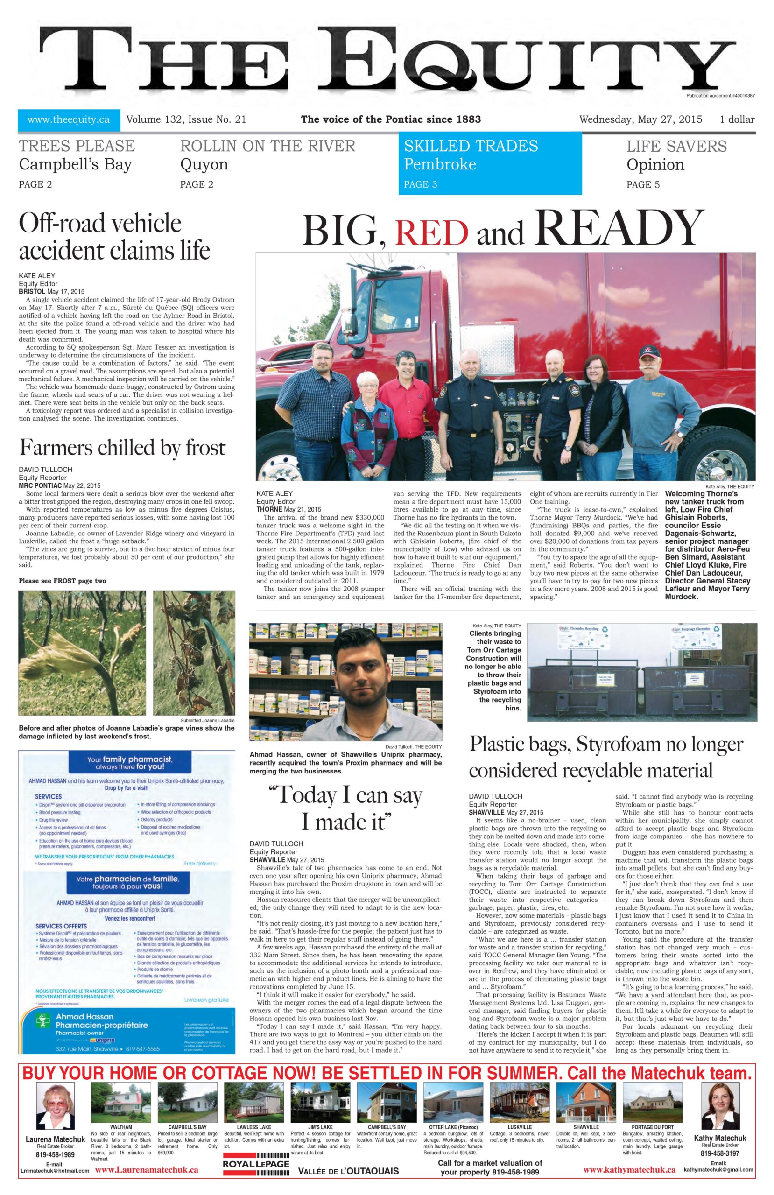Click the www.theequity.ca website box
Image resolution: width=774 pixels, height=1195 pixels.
(69, 119)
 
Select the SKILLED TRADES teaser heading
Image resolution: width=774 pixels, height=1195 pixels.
(471, 146)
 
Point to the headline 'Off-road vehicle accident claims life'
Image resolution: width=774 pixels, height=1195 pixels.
(114, 236)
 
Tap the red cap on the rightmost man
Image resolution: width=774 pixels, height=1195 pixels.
(650, 357)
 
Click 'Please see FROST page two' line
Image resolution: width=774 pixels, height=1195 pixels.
(62, 581)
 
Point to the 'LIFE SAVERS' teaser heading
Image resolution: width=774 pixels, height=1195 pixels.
(676, 146)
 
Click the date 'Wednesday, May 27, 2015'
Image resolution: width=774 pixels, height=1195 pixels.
(641, 119)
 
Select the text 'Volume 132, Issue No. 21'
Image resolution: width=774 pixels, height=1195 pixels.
(186, 119)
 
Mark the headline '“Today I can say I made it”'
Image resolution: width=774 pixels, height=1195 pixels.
(345, 808)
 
